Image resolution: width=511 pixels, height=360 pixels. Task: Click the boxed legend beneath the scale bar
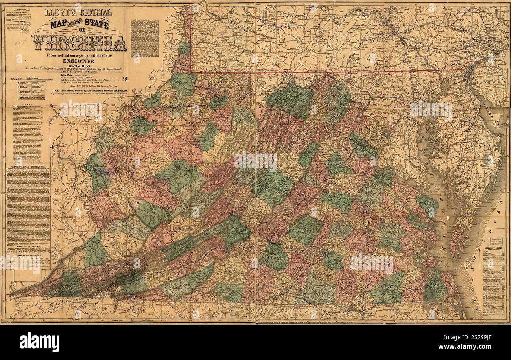(x=31, y=90)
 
